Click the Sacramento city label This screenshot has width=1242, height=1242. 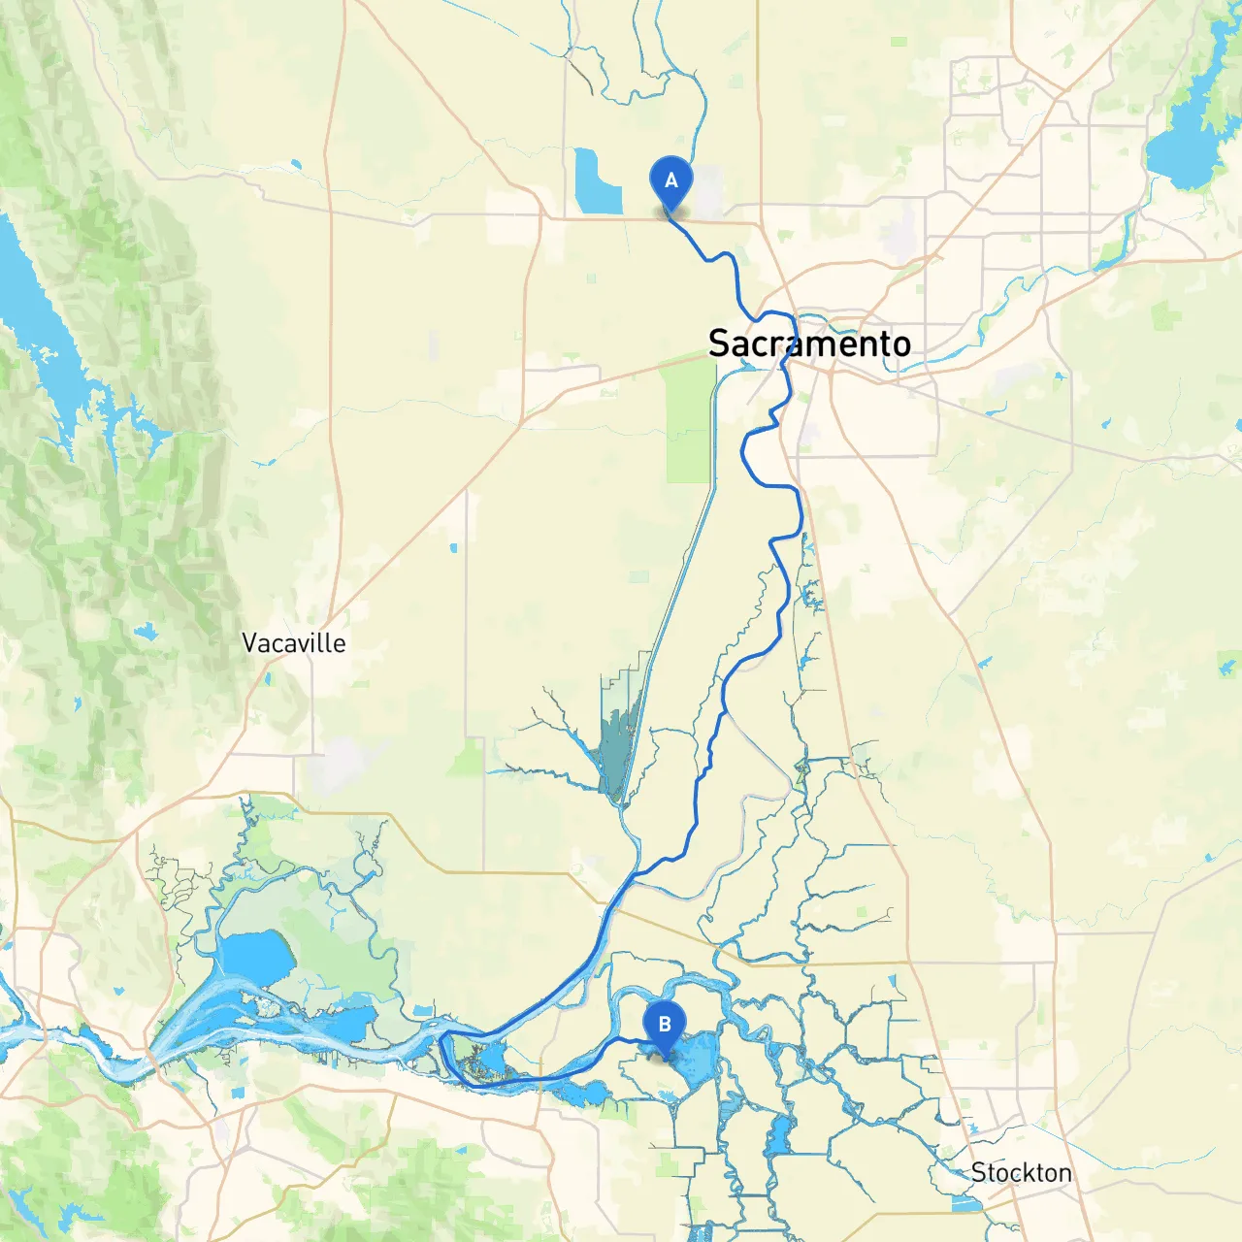(x=809, y=343)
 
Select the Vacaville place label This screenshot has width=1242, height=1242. (x=293, y=643)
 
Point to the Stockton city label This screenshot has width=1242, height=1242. (x=1021, y=1173)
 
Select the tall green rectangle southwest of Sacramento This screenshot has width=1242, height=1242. (x=689, y=427)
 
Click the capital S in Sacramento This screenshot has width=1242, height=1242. (x=719, y=343)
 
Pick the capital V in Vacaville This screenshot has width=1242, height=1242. (x=249, y=643)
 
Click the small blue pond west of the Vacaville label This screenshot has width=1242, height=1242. (x=146, y=633)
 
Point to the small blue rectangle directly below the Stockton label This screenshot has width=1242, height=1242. (x=966, y=1204)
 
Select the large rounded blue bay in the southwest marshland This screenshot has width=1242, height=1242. (x=257, y=957)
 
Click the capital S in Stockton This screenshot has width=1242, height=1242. (x=979, y=1173)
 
